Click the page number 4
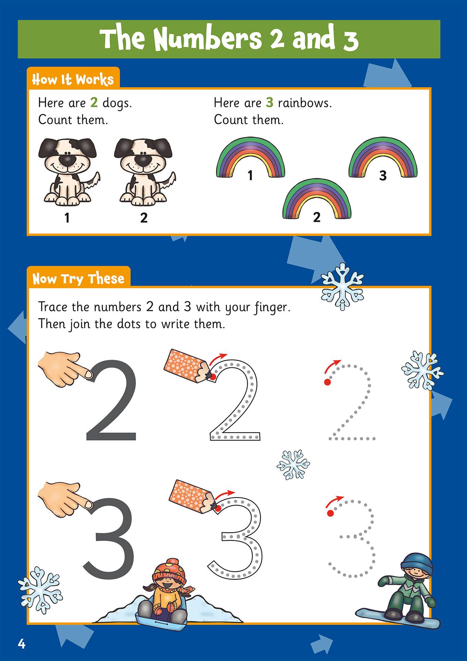[x=21, y=644]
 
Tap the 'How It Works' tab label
[x=73, y=79]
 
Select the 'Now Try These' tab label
[x=78, y=278]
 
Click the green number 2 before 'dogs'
[x=94, y=103]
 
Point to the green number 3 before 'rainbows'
[x=270, y=103]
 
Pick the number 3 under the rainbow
[x=383, y=175]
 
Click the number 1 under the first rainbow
[x=250, y=175]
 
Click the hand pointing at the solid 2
[x=66, y=369]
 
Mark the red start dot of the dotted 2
[x=327, y=382]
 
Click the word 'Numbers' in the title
[x=207, y=40]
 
